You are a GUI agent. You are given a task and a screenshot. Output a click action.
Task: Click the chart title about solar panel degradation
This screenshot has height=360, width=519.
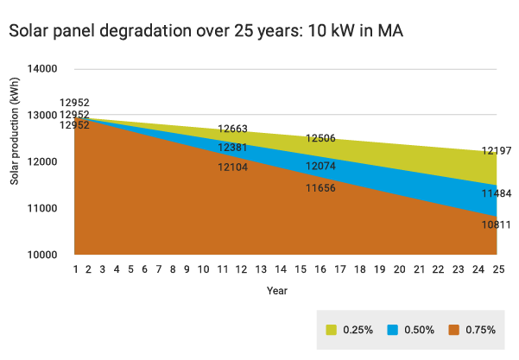pyautogui.click(x=206, y=30)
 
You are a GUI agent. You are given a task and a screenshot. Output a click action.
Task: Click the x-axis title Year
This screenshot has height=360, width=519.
pyautogui.click(x=277, y=291)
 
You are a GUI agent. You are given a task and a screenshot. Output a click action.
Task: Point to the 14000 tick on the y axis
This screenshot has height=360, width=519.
pyautogui.click(x=41, y=69)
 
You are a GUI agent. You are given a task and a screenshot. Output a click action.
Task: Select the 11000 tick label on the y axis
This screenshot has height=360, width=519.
pyautogui.click(x=41, y=209)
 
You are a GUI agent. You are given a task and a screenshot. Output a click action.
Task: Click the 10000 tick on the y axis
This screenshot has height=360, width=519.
pyautogui.click(x=41, y=256)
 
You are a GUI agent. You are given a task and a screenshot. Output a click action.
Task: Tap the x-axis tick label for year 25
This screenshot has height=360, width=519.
pyautogui.click(x=497, y=270)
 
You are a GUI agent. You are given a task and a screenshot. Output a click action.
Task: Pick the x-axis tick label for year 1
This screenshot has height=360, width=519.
pyautogui.click(x=76, y=270)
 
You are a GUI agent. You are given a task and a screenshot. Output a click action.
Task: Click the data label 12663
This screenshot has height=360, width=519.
pyautogui.click(x=233, y=129)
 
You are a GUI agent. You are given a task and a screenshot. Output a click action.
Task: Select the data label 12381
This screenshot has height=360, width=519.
pyautogui.click(x=233, y=148)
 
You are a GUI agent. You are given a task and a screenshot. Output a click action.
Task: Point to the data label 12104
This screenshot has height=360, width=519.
pyautogui.click(x=233, y=167)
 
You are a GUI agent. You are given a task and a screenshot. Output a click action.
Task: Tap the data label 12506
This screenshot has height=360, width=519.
pyautogui.click(x=320, y=139)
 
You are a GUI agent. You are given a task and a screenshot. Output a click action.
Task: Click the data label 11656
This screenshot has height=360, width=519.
pyautogui.click(x=320, y=186)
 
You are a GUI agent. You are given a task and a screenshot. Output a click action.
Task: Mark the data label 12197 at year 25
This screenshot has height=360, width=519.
pyautogui.click(x=497, y=151)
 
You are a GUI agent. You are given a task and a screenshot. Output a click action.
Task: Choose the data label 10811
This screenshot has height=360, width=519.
pyautogui.click(x=497, y=224)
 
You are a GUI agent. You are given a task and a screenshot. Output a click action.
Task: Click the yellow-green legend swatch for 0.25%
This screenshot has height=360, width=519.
pyautogui.click(x=331, y=330)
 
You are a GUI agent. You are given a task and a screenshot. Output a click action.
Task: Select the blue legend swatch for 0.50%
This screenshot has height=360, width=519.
pyautogui.click(x=392, y=330)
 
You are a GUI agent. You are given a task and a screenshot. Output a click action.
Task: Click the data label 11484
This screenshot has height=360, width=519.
pyautogui.click(x=497, y=193)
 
